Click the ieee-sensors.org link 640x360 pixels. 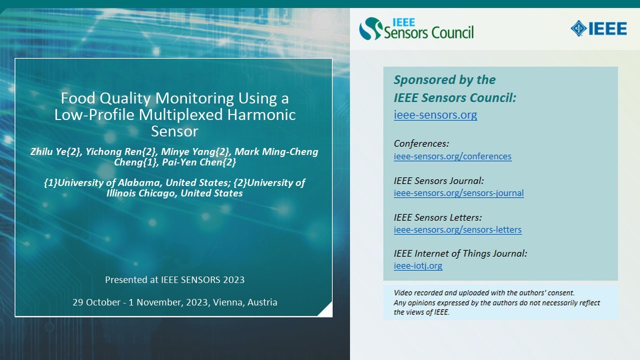(435, 115)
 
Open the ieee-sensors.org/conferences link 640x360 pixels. (452, 156)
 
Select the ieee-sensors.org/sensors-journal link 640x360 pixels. (458, 193)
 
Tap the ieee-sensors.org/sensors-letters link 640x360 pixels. (457, 230)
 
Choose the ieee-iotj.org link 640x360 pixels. (418, 266)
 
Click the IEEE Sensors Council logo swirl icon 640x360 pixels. (370, 29)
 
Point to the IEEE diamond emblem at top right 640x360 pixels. (578, 28)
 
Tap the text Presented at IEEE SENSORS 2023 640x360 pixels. (174, 279)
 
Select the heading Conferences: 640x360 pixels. (421, 143)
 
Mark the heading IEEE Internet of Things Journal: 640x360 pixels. (460, 253)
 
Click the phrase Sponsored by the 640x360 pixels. (444, 80)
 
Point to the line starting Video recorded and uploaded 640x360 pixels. (484, 293)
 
